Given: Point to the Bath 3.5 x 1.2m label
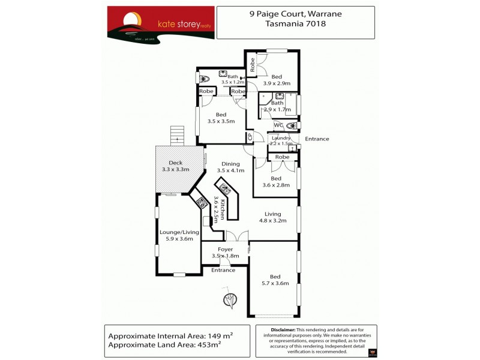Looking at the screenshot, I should [233, 79].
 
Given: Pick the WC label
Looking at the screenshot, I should [278, 125].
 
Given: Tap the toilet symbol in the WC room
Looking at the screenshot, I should [292, 126].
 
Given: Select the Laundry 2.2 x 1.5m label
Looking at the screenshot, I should [281, 141].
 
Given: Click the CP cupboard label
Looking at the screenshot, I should [249, 137].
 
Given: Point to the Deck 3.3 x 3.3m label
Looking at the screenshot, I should [175, 166].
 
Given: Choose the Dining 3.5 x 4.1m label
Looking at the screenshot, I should [230, 167].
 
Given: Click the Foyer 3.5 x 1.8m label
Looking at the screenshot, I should [226, 253].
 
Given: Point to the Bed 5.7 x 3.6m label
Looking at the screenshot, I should [275, 280].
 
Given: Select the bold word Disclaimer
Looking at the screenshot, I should [283, 330].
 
